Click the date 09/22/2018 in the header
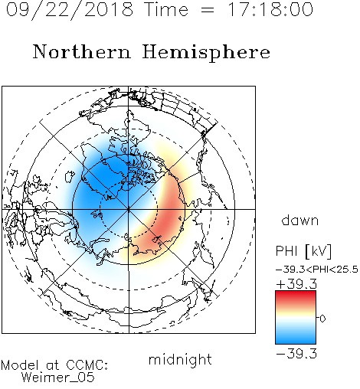click(70, 10)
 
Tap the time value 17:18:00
click(270, 9)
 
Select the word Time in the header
click(166, 9)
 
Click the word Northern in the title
click(82, 52)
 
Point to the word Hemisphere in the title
click(206, 53)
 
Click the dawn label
click(300, 220)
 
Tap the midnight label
click(180, 359)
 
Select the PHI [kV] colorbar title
click(303, 251)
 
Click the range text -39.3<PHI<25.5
click(317, 270)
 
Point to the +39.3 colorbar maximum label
click(296, 284)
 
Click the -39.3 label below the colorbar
click(296, 354)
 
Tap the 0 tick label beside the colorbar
click(322, 319)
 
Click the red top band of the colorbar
click(296, 296)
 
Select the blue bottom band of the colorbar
click(296, 338)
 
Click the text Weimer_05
click(58, 378)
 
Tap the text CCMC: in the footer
click(87, 365)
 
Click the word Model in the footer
click(20, 365)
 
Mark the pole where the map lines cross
click(129, 209)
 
